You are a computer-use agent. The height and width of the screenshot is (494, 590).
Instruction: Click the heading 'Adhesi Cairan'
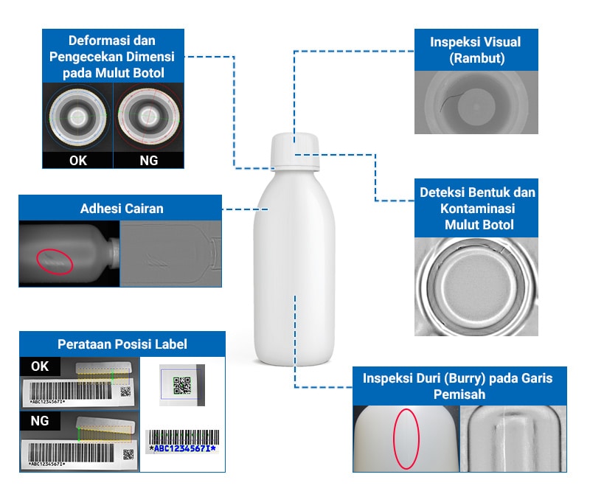(122, 209)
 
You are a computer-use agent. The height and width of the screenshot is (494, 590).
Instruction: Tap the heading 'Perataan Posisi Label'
(122, 344)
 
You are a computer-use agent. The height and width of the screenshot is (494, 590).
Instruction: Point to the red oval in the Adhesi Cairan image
(55, 260)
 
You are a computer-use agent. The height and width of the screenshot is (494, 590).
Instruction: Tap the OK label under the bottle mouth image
(77, 160)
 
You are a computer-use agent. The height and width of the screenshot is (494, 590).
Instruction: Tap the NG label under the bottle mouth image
(147, 160)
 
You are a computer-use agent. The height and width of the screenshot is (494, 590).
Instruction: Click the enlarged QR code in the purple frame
(181, 385)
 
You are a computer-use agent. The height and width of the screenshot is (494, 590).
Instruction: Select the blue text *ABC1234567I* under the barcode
(182, 448)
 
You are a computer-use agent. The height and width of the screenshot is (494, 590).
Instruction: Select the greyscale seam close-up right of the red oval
(513, 437)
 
